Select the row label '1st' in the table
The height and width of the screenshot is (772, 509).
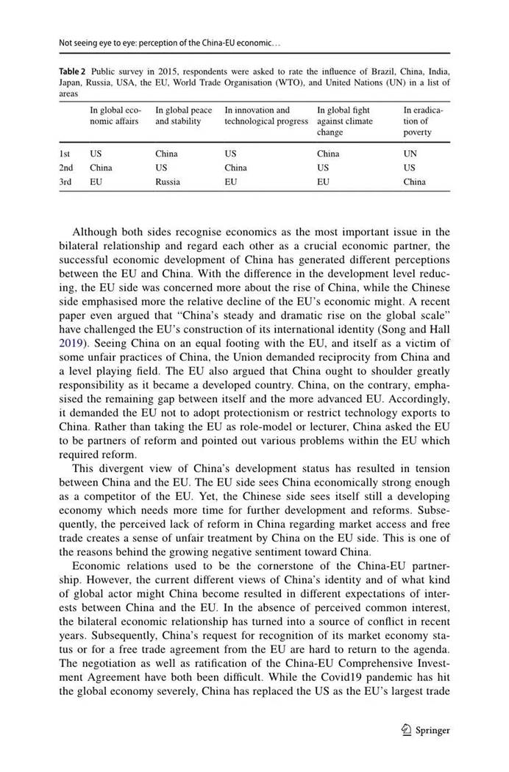point(65,154)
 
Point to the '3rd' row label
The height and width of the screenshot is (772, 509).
point(65,182)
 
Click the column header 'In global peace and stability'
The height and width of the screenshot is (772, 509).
point(183,116)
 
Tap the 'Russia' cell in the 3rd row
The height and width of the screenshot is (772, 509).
point(168,182)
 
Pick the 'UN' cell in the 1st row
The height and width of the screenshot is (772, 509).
point(410,154)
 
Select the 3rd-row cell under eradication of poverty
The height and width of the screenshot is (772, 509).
point(414,182)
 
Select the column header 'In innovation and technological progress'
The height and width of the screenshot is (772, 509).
point(266,116)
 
